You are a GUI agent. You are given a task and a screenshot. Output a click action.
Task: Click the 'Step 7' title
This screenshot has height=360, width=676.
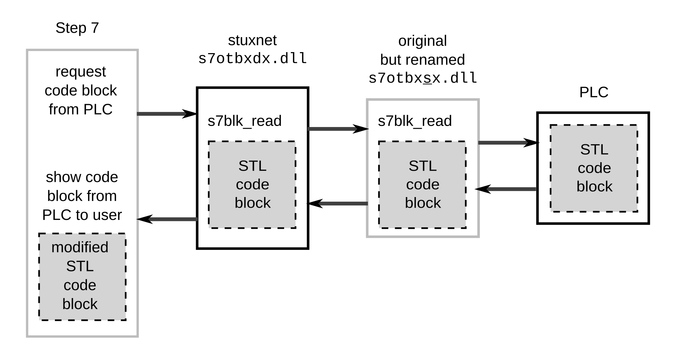77,28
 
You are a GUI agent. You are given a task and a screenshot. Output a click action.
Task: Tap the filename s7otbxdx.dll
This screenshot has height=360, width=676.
252,58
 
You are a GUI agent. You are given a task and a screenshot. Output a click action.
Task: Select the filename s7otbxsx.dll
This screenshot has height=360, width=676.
423,78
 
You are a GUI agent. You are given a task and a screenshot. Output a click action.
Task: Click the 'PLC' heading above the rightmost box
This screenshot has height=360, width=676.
594,92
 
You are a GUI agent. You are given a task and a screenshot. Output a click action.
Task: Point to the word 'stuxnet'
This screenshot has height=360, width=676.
252,40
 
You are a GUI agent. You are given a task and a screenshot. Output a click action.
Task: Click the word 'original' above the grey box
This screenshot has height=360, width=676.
423,41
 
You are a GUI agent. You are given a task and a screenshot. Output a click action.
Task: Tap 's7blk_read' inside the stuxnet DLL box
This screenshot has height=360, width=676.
244,121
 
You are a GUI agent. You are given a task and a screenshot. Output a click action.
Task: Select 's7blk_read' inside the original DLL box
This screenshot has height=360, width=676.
415,121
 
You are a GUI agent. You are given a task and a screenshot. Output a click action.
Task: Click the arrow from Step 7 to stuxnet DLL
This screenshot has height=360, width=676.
167,114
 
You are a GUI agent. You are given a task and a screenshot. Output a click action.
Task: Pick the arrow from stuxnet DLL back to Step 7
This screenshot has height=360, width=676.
167,219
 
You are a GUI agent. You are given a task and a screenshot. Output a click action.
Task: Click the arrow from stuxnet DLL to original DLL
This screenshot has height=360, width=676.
338,129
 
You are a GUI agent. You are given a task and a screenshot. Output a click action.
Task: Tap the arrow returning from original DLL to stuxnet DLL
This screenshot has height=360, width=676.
338,203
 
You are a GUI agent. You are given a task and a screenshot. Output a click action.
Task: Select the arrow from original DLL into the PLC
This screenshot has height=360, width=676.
508,143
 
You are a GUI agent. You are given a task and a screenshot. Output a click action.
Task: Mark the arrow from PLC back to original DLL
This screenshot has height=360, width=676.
506,189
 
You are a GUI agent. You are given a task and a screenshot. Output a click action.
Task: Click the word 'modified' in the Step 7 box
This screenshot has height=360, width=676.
80,247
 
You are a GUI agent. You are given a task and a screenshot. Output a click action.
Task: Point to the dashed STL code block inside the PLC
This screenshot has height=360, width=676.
594,168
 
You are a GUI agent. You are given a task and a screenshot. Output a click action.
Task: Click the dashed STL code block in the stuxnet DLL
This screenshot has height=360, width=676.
252,185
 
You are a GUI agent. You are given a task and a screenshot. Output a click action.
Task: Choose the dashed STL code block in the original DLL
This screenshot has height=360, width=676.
423,185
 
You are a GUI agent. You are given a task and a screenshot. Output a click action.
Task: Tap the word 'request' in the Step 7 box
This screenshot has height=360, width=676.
81,72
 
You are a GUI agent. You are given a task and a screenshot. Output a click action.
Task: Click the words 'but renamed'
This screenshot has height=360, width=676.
423,59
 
